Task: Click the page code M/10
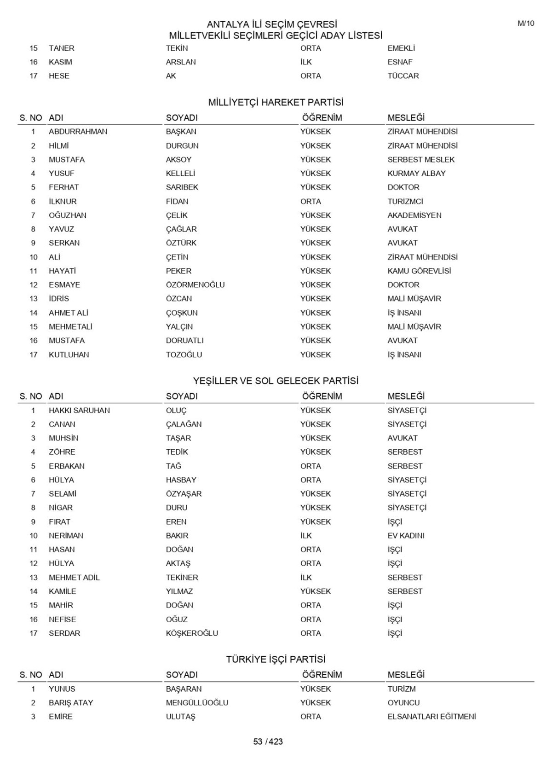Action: tap(526, 23)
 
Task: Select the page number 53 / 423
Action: tap(268, 741)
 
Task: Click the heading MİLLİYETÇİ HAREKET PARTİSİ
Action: tap(276, 102)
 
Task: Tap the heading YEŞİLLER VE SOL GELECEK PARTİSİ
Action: tap(276, 381)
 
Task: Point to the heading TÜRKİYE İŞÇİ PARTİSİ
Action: tap(276, 660)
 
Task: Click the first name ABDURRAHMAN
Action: tap(78, 132)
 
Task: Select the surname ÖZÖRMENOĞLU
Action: tap(195, 285)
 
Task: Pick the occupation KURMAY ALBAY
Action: tap(416, 174)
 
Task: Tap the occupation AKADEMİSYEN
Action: tap(414, 215)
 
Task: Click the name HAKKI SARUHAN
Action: tap(79, 411)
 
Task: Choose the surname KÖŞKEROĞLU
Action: tap(192, 633)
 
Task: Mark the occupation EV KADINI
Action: tap(406, 536)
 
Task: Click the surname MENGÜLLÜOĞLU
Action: tap(197, 703)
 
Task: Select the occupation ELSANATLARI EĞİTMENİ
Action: tap(431, 717)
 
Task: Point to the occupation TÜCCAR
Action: tap(403, 76)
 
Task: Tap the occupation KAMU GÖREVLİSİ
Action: tap(419, 271)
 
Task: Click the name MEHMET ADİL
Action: tap(74, 578)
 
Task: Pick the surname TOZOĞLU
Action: tap(184, 355)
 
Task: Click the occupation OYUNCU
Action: tap(403, 703)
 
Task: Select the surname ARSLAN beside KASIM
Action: tap(181, 62)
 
